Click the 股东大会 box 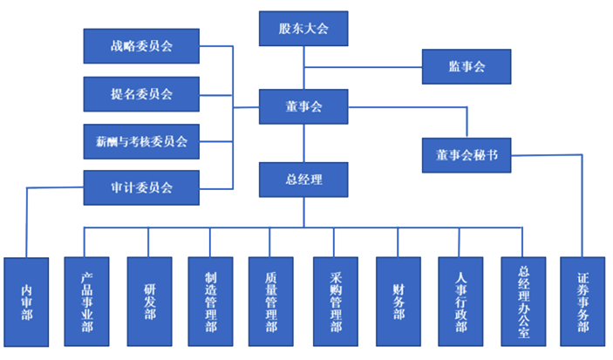click(303, 28)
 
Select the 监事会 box click(466, 66)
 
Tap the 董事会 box click(303, 107)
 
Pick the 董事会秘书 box click(467, 155)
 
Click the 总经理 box click(303, 180)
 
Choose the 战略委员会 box click(141, 46)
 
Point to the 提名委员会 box click(141, 93)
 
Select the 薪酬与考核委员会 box click(141, 139)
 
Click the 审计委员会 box click(141, 187)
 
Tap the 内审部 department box click(26, 302)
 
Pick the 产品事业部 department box click(87, 302)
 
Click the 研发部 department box click(149, 302)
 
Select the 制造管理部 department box click(211, 302)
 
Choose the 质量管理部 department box click(271, 302)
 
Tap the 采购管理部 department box click(336, 302)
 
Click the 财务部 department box click(398, 302)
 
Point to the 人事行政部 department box click(460, 302)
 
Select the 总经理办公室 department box click(523, 302)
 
